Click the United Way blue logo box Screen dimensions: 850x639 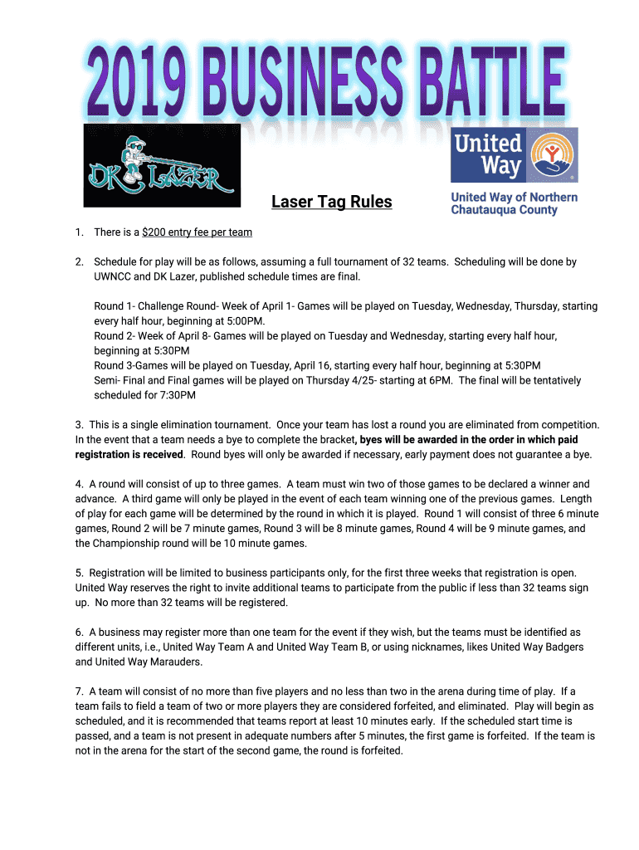(514, 154)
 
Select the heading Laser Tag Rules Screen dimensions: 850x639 (332, 202)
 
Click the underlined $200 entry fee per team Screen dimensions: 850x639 (197, 232)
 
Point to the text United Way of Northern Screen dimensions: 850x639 (514, 198)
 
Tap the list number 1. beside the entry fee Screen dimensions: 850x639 (79, 232)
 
